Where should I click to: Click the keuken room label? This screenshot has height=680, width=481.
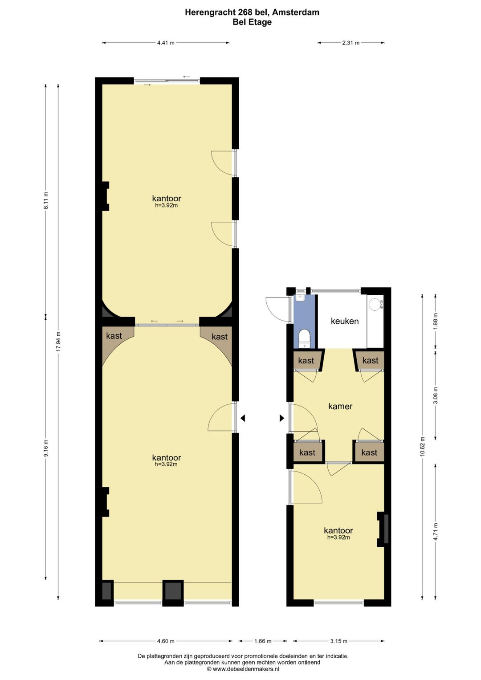pyautogui.click(x=344, y=321)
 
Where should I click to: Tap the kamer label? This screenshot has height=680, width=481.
pyautogui.click(x=340, y=406)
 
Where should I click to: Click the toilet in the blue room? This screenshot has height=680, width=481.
pyautogui.click(x=305, y=338)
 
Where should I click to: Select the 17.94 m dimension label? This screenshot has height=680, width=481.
pyautogui.click(x=58, y=342)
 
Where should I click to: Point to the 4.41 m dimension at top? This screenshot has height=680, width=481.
pyautogui.click(x=166, y=43)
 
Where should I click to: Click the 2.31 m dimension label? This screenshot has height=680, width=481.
pyautogui.click(x=351, y=43)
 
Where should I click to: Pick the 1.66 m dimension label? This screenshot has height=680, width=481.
pyautogui.click(x=263, y=641)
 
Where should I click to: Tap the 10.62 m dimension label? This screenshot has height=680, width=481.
pyautogui.click(x=422, y=446)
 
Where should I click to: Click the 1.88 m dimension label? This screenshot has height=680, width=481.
pyautogui.click(x=436, y=321)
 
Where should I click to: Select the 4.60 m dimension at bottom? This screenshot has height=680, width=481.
pyautogui.click(x=166, y=641)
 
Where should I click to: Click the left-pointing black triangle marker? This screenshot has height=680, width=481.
pyautogui.click(x=243, y=418)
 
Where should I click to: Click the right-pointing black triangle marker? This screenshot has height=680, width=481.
pyautogui.click(x=281, y=418)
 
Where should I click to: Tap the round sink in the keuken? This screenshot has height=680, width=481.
pyautogui.click(x=375, y=304)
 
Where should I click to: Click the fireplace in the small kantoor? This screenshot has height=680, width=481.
pyautogui.click(x=384, y=529)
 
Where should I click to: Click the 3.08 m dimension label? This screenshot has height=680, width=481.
pyautogui.click(x=436, y=395)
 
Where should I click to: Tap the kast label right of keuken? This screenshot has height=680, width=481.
pyautogui.click(x=370, y=361)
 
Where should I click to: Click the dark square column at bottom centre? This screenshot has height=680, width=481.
pyautogui.click(x=173, y=591)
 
